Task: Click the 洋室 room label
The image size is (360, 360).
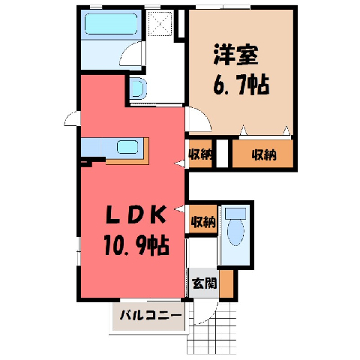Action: [x=235, y=55]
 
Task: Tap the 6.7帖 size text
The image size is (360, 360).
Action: [x=241, y=85]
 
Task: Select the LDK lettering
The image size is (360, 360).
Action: [x=136, y=214]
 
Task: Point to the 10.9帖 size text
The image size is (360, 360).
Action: [x=137, y=245]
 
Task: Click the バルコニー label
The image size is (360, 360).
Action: [x=151, y=316]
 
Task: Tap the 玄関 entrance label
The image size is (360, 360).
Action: [x=204, y=283]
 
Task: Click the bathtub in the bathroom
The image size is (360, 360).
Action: [x=111, y=24]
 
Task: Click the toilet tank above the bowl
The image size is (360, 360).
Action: [x=235, y=214]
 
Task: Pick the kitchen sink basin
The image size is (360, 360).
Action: [x=127, y=147]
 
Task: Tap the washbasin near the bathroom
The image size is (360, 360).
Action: [x=138, y=88]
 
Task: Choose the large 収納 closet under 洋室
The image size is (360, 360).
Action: [x=262, y=154]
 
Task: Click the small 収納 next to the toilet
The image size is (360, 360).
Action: [x=203, y=220]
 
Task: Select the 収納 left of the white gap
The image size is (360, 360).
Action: [x=200, y=154]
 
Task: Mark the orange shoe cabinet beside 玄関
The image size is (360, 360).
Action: [x=226, y=283]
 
